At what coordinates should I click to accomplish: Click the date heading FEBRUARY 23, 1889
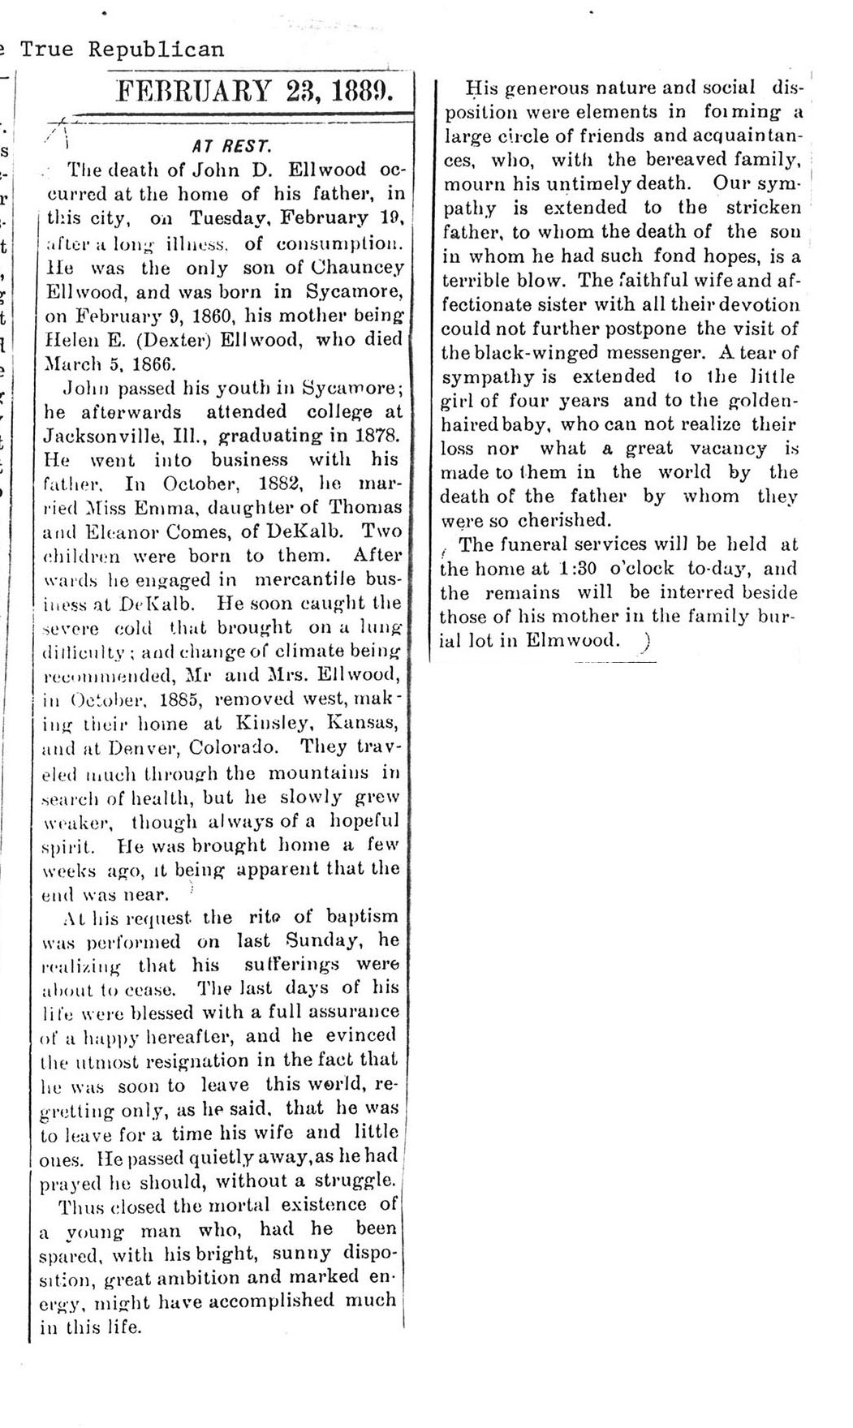(x=254, y=90)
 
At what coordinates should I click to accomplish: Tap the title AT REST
(x=231, y=147)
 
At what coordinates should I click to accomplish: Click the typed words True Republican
(x=122, y=49)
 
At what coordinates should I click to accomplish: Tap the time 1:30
(x=579, y=568)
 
